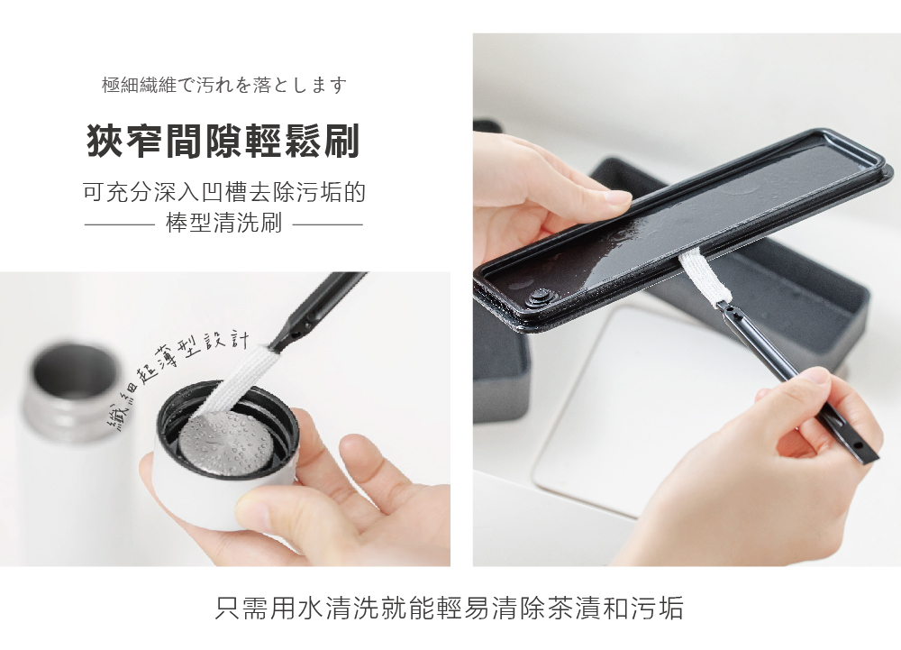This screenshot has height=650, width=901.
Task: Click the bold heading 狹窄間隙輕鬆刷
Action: click(x=223, y=142)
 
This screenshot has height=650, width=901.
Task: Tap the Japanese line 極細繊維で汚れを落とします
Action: click(x=224, y=86)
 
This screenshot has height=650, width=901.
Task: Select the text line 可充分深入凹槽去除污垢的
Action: click(x=223, y=192)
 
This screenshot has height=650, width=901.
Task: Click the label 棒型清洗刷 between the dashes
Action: click(x=223, y=224)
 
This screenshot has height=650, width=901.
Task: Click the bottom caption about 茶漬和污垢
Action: click(x=450, y=607)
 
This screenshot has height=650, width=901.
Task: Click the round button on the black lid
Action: click(x=540, y=294)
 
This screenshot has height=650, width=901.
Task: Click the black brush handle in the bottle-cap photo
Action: click(x=320, y=302)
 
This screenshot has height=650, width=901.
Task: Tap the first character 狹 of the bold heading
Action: click(x=105, y=142)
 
